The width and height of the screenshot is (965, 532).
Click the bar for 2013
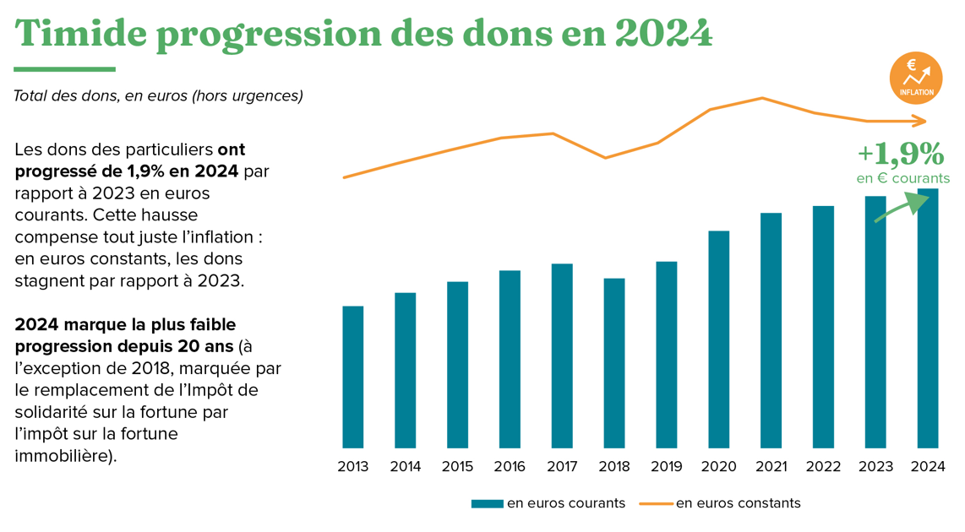tap(352, 377)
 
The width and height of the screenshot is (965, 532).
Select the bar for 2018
tap(613, 363)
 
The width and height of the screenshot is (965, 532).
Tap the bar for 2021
tap(771, 330)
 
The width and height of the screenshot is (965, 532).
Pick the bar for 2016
tap(510, 359)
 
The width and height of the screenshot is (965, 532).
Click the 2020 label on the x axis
tap(718, 467)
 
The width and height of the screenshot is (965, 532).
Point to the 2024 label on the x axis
tap(927, 467)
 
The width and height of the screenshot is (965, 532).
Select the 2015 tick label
tap(457, 467)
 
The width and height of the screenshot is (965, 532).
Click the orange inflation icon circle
tap(916, 78)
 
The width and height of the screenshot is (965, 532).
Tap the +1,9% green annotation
tap(900, 153)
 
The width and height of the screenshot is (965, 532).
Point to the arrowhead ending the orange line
tap(921, 122)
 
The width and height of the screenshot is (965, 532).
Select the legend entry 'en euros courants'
tap(548, 503)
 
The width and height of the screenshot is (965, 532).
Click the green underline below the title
tap(64, 69)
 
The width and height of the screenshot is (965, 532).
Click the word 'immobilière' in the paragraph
tap(61, 456)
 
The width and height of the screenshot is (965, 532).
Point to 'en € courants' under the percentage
tap(902, 178)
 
